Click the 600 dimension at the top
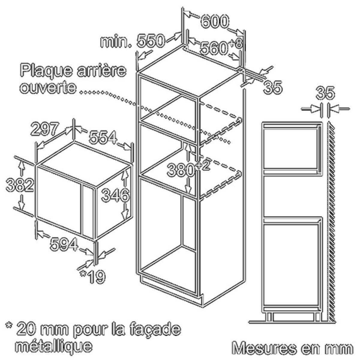pyautogui.click(x=215, y=22)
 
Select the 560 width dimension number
pyautogui.click(x=213, y=48)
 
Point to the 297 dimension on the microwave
pyautogui.click(x=45, y=129)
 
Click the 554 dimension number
pyautogui.click(x=103, y=138)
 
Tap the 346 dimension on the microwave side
pyautogui.click(x=116, y=195)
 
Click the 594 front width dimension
pyautogui.click(x=64, y=244)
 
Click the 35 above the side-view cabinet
pyautogui.click(x=325, y=93)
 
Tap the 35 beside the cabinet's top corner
pyautogui.click(x=273, y=87)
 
